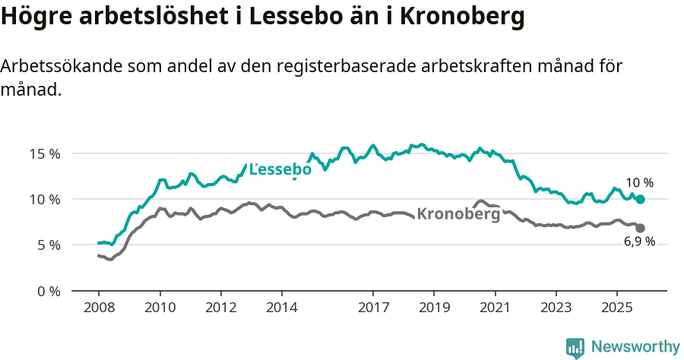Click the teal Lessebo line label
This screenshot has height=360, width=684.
(280, 169)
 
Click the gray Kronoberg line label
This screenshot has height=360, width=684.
(458, 214)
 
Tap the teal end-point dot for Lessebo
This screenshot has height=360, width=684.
(641, 199)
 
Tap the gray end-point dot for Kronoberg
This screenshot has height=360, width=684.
(641, 228)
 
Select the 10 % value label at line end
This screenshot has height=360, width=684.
(639, 183)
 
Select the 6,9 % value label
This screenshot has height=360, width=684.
(639, 242)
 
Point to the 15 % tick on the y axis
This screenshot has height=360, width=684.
(45, 153)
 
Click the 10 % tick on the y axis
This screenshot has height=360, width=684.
(45, 199)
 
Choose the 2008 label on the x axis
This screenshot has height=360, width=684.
(99, 308)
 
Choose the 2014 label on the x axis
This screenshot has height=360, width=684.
(281, 308)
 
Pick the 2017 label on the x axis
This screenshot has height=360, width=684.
(373, 308)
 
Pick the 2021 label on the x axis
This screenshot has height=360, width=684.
(495, 308)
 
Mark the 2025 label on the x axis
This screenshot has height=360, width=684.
(616, 308)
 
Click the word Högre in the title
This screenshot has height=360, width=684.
(36, 16)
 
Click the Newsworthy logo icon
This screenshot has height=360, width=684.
(575, 348)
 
